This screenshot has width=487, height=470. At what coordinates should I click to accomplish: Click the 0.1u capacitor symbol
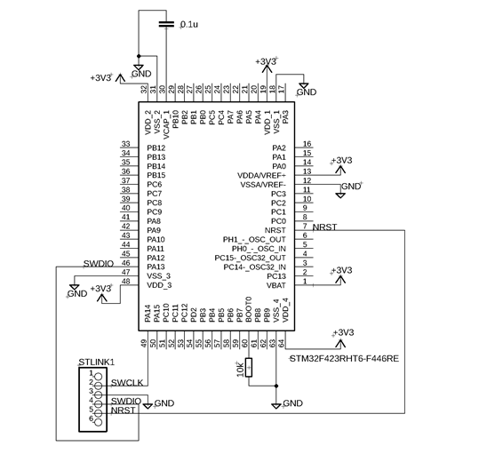pyautogui.click(x=166, y=24)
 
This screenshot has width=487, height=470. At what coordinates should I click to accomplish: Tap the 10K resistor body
pyautogui.click(x=249, y=367)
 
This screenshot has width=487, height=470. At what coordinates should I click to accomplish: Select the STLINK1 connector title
pyautogui.click(x=97, y=362)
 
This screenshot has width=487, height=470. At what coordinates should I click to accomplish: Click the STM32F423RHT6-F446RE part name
pyautogui.click(x=344, y=359)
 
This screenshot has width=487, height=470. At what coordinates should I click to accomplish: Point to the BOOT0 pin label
pyautogui.click(x=249, y=309)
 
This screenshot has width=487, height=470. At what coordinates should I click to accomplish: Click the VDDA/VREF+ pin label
pyautogui.click(x=261, y=176)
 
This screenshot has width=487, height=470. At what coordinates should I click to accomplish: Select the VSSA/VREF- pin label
pyautogui.click(x=263, y=185)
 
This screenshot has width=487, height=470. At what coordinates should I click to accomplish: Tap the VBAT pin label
pyautogui.click(x=276, y=285)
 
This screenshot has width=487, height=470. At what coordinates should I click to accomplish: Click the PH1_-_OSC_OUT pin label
pyautogui.click(x=254, y=240)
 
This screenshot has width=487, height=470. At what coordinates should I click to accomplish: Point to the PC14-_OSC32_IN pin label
pyautogui.click(x=255, y=267)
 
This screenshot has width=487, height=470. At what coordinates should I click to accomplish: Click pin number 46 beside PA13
pyautogui.click(x=126, y=263)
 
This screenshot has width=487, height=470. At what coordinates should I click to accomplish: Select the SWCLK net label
pyautogui.click(x=127, y=383)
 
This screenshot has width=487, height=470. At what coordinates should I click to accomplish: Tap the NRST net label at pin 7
pyautogui.click(x=324, y=227)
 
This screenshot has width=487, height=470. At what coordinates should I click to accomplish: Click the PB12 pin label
pyautogui.click(x=156, y=148)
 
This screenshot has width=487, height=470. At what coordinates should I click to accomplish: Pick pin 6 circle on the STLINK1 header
pyautogui.click(x=98, y=422)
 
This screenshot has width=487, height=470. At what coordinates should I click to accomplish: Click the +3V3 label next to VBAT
pyautogui.click(x=342, y=270)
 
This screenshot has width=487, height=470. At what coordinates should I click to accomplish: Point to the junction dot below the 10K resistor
pyautogui.click(x=276, y=386)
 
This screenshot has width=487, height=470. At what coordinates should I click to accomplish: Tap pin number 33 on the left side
pyautogui.click(x=126, y=144)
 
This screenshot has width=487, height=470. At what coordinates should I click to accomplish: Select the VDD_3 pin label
pyautogui.click(x=159, y=285)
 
